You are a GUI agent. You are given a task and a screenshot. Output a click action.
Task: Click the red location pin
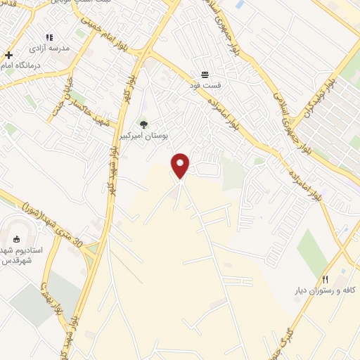[x=181, y=165]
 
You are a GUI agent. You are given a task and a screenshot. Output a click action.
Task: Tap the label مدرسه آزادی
[x=49, y=50]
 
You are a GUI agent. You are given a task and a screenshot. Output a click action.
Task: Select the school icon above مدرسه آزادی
[x=49, y=37]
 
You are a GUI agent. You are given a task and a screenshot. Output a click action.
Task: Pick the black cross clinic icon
[x=8, y=55]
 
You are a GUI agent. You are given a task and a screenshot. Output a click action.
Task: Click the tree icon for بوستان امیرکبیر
[x=144, y=124]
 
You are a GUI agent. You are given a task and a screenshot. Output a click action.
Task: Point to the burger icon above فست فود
[x=205, y=74]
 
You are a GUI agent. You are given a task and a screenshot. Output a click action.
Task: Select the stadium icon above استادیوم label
[x=17, y=238]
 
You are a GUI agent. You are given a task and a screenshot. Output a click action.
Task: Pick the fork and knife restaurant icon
[x=325, y=278]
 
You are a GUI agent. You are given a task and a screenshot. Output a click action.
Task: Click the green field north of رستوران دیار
[x=312, y=250]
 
